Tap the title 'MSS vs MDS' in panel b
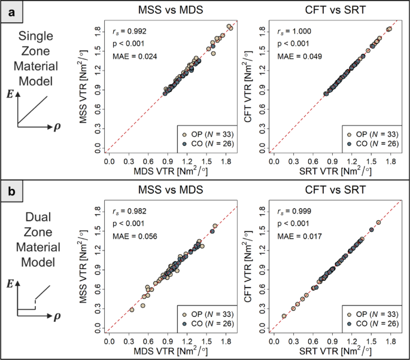coord(171,190)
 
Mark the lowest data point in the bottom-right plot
coord(284,316)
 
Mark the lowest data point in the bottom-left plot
coord(132,309)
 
